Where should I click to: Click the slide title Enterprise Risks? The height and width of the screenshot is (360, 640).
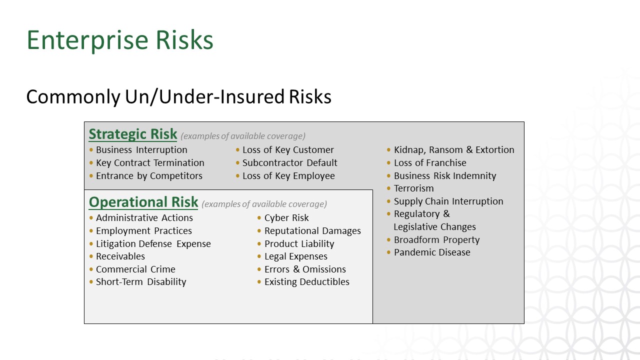click(120, 40)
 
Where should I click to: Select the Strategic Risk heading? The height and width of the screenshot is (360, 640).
click(133, 134)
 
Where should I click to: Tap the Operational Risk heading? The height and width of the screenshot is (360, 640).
click(143, 202)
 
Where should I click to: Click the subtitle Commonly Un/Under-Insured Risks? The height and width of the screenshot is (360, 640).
click(179, 96)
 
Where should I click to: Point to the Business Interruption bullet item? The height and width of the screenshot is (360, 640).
click(141, 149)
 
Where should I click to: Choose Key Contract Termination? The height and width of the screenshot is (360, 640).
click(150, 163)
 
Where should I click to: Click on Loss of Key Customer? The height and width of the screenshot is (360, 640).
click(288, 149)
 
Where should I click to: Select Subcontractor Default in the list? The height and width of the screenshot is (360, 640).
click(289, 163)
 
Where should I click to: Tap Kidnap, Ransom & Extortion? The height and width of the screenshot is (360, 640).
click(454, 149)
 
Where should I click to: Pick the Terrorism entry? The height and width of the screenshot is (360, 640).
click(413, 188)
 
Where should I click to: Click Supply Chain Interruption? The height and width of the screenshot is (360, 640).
click(448, 201)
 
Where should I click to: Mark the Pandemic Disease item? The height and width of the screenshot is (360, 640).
click(432, 252)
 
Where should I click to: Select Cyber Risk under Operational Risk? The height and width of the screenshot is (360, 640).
click(286, 217)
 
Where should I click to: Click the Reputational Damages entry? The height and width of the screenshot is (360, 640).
click(312, 231)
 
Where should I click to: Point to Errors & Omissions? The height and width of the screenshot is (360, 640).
click(305, 269)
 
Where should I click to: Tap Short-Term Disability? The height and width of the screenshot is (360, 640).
click(141, 282)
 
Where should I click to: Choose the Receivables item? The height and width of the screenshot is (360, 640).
click(120, 256)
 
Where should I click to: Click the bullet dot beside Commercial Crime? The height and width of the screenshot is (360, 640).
click(91, 269)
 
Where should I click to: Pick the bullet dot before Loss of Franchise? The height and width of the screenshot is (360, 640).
click(388, 163)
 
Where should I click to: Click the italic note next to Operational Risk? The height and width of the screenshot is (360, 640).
click(264, 204)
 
